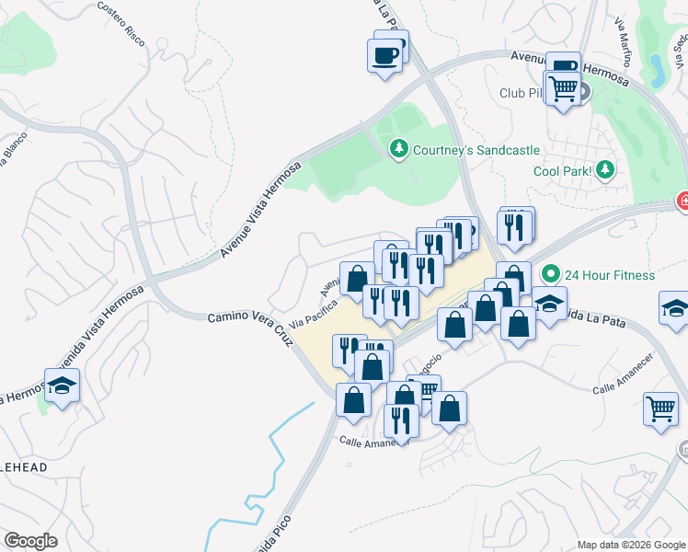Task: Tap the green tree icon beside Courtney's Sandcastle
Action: point(398,149)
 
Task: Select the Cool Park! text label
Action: point(560,171)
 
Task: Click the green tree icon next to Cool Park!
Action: point(604,169)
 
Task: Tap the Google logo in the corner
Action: point(30,540)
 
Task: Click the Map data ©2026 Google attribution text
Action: point(630,545)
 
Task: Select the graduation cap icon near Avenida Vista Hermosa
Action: point(62,386)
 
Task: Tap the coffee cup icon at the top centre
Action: point(384,55)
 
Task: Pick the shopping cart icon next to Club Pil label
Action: point(562,88)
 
